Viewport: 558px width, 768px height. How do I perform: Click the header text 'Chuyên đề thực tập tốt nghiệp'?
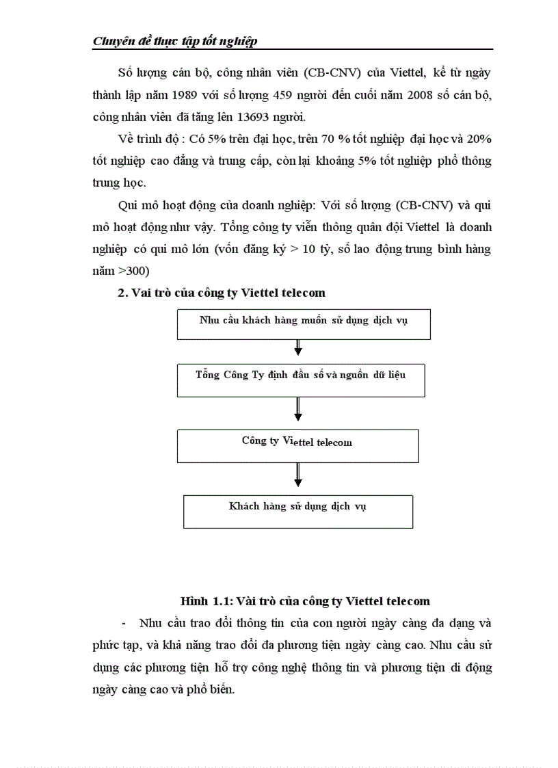(x=174, y=42)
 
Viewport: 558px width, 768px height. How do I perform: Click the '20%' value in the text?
(x=477, y=139)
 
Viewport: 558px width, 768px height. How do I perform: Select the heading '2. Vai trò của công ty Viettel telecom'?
(x=222, y=293)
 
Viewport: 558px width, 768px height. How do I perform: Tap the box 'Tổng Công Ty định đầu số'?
(x=301, y=381)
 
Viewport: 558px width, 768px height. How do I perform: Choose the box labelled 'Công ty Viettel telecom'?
(x=297, y=445)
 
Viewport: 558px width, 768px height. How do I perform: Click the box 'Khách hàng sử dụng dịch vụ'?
(x=298, y=512)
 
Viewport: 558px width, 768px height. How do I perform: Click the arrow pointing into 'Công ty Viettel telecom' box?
(x=298, y=413)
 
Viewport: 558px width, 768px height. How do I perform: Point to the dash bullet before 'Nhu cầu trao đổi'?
(x=124, y=623)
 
